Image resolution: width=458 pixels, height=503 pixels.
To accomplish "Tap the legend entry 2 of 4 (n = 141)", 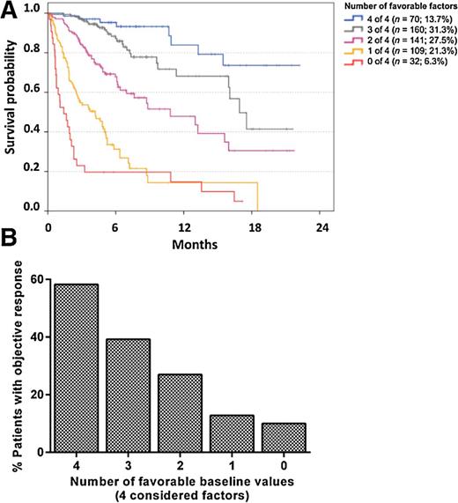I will pos(395,42).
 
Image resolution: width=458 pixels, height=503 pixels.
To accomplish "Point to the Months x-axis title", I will pos(183,241).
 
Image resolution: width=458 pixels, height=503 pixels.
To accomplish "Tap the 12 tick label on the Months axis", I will pos(184,225).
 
